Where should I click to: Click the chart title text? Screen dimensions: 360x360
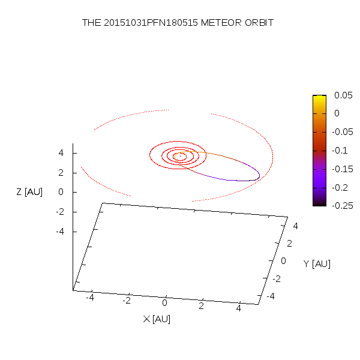(x=178, y=23)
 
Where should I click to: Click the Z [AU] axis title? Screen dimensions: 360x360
(x=29, y=192)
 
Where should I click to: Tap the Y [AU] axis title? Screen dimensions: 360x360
(x=317, y=264)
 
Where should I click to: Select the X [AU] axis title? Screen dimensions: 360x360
(x=157, y=319)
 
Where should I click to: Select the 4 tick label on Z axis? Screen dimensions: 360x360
(x=61, y=153)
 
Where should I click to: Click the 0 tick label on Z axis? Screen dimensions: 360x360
(x=61, y=192)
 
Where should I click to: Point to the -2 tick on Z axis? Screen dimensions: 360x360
(x=59, y=212)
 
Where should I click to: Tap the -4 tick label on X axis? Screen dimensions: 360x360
(x=90, y=297)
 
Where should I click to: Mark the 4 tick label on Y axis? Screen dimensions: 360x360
(x=295, y=226)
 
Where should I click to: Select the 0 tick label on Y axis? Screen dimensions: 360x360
(x=284, y=261)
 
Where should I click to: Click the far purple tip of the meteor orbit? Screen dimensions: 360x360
(x=259, y=175)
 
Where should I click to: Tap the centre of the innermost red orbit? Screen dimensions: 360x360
(x=179, y=157)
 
